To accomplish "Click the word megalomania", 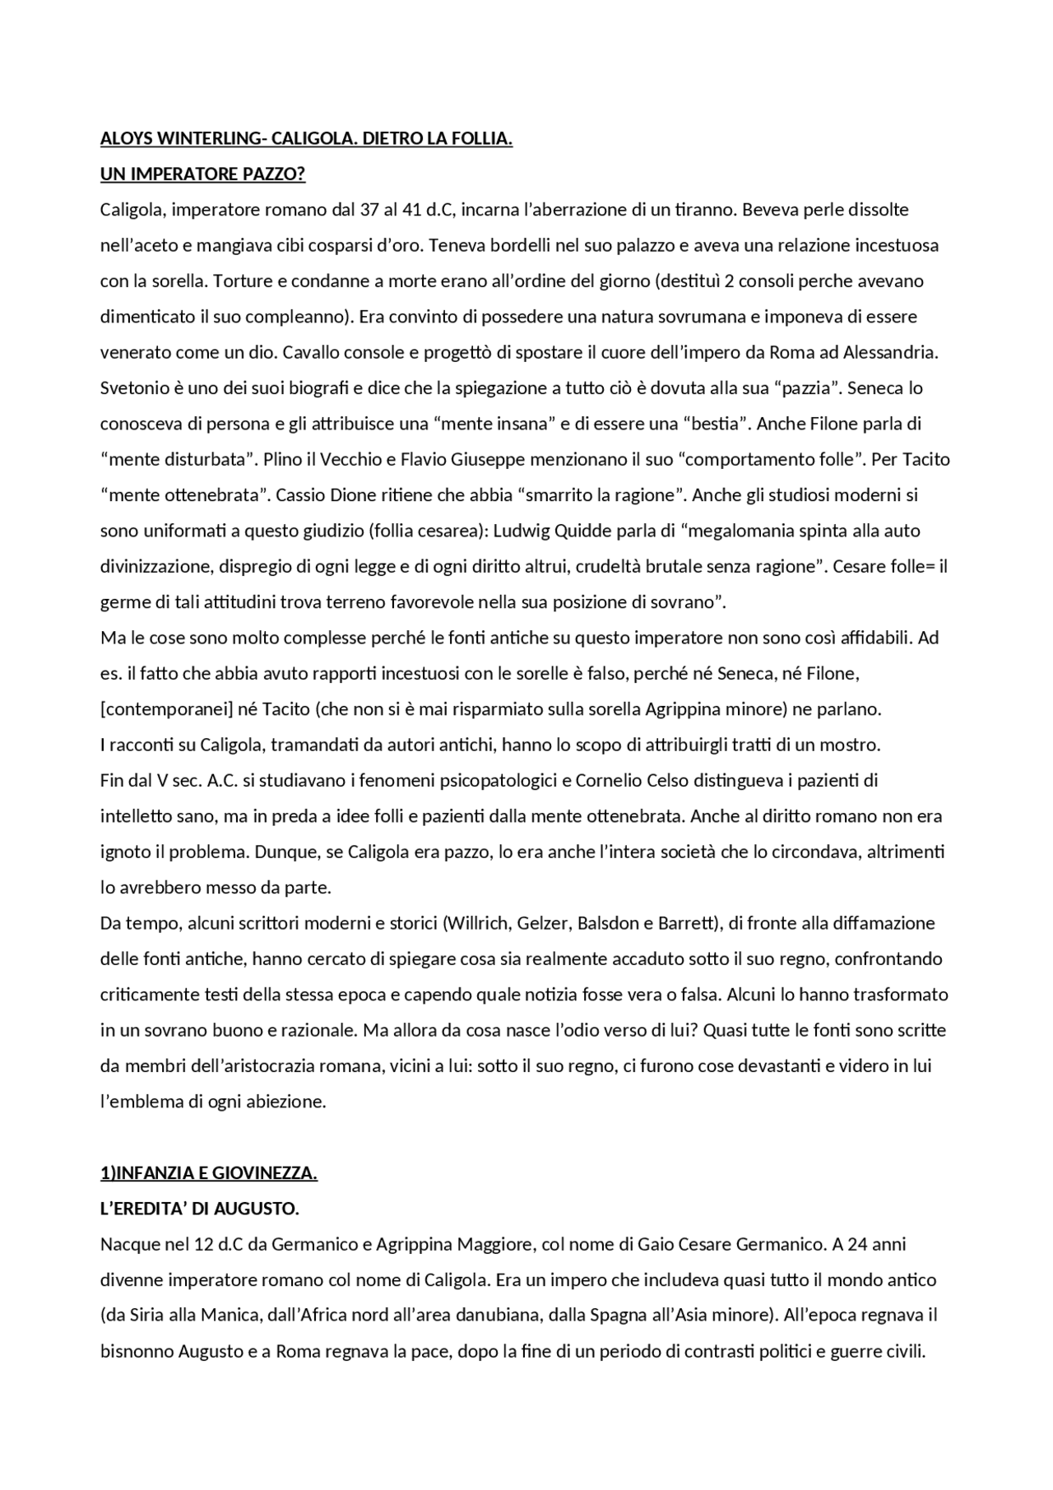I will click(x=740, y=531).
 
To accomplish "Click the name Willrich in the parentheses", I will click(x=478, y=923).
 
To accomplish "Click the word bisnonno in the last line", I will click(x=136, y=1352).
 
